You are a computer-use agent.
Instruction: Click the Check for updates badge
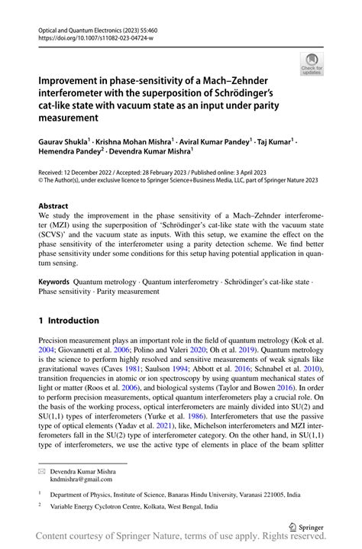(x=312, y=63)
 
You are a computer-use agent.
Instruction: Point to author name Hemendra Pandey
(x=69, y=153)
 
